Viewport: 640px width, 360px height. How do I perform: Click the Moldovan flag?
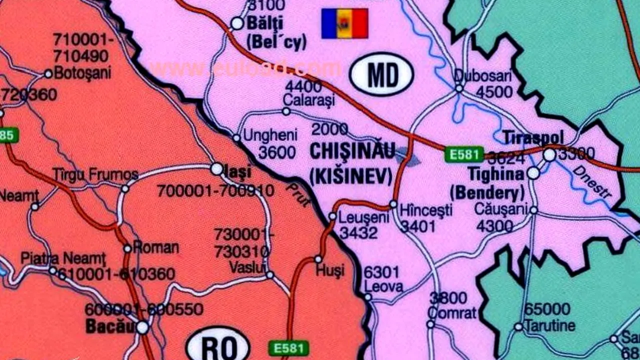pyautogui.click(x=344, y=23)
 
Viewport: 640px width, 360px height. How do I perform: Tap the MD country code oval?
pyautogui.click(x=381, y=74)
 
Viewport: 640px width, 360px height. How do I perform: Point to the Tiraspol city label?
pyautogui.click(x=533, y=137)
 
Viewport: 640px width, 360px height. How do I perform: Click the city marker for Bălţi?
pyautogui.click(x=237, y=23)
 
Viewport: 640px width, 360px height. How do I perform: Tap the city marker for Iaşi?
pyautogui.click(x=217, y=169)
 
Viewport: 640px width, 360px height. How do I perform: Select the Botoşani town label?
pyautogui.click(x=82, y=73)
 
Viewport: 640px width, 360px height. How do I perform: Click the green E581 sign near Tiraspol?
pyautogui.click(x=464, y=154)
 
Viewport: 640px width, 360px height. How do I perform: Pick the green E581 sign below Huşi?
pyautogui.click(x=288, y=348)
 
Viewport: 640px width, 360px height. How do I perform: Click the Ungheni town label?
pyautogui.click(x=270, y=135)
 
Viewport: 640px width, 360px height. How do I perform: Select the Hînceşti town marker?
pyautogui.click(x=393, y=204)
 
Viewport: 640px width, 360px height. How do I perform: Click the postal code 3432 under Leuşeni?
pyautogui.click(x=358, y=232)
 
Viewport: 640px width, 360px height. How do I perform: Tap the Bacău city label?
pyautogui.click(x=110, y=326)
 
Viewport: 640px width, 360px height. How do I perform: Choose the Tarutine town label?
pyautogui.click(x=550, y=326)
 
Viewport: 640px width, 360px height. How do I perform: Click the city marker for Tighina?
pyautogui.click(x=533, y=173)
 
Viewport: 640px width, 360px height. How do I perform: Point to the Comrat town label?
pyautogui.click(x=452, y=313)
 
